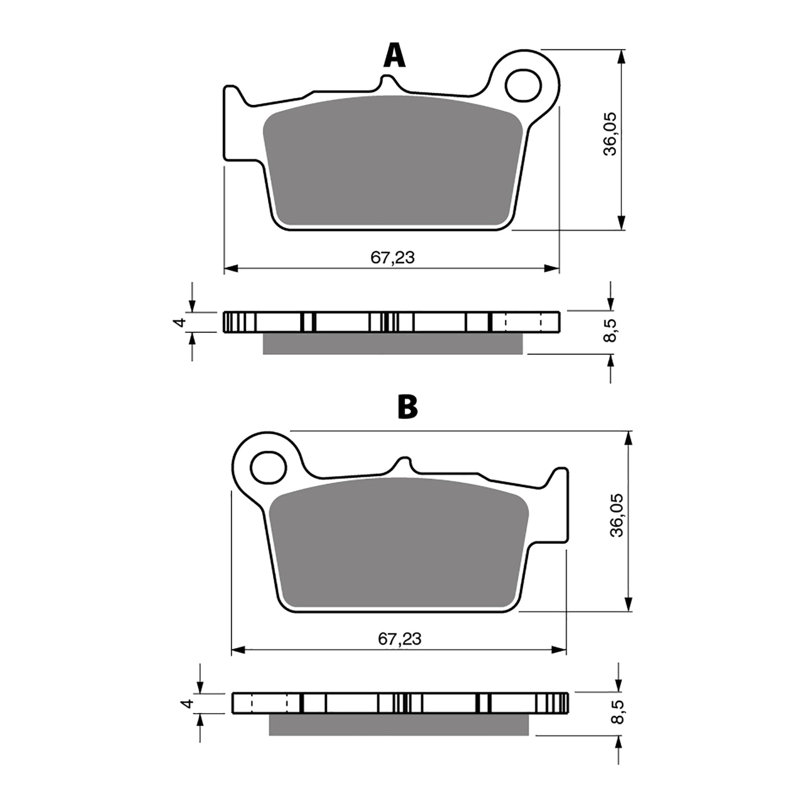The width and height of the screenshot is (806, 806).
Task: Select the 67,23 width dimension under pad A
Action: (392, 258)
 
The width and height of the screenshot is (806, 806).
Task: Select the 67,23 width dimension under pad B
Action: (399, 639)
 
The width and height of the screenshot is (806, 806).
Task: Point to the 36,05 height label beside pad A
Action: (610, 134)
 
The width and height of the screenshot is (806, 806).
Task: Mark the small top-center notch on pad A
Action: (387, 81)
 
